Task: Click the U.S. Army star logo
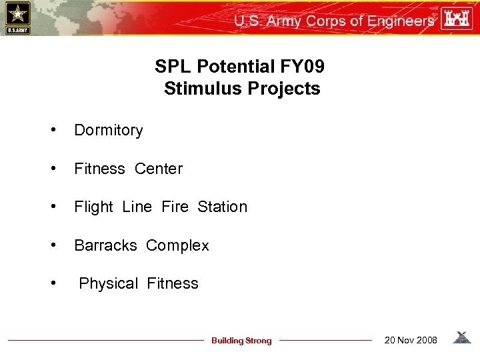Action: pos(17,17)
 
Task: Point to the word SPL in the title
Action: pos(171,67)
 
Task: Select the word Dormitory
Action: pos(109,131)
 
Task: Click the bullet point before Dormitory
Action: pos(53,131)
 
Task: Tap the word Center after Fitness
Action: pos(159,169)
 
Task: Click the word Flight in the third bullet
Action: pos(94,207)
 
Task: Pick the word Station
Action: pos(222,207)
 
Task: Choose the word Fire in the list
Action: pos(175,207)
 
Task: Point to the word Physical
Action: pos(108,284)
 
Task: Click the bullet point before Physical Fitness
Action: pos(53,284)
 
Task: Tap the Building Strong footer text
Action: pos(241,341)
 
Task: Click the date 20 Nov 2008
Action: pos(411,340)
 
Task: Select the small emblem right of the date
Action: pos(461,338)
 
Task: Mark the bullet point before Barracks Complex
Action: pos(53,246)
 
